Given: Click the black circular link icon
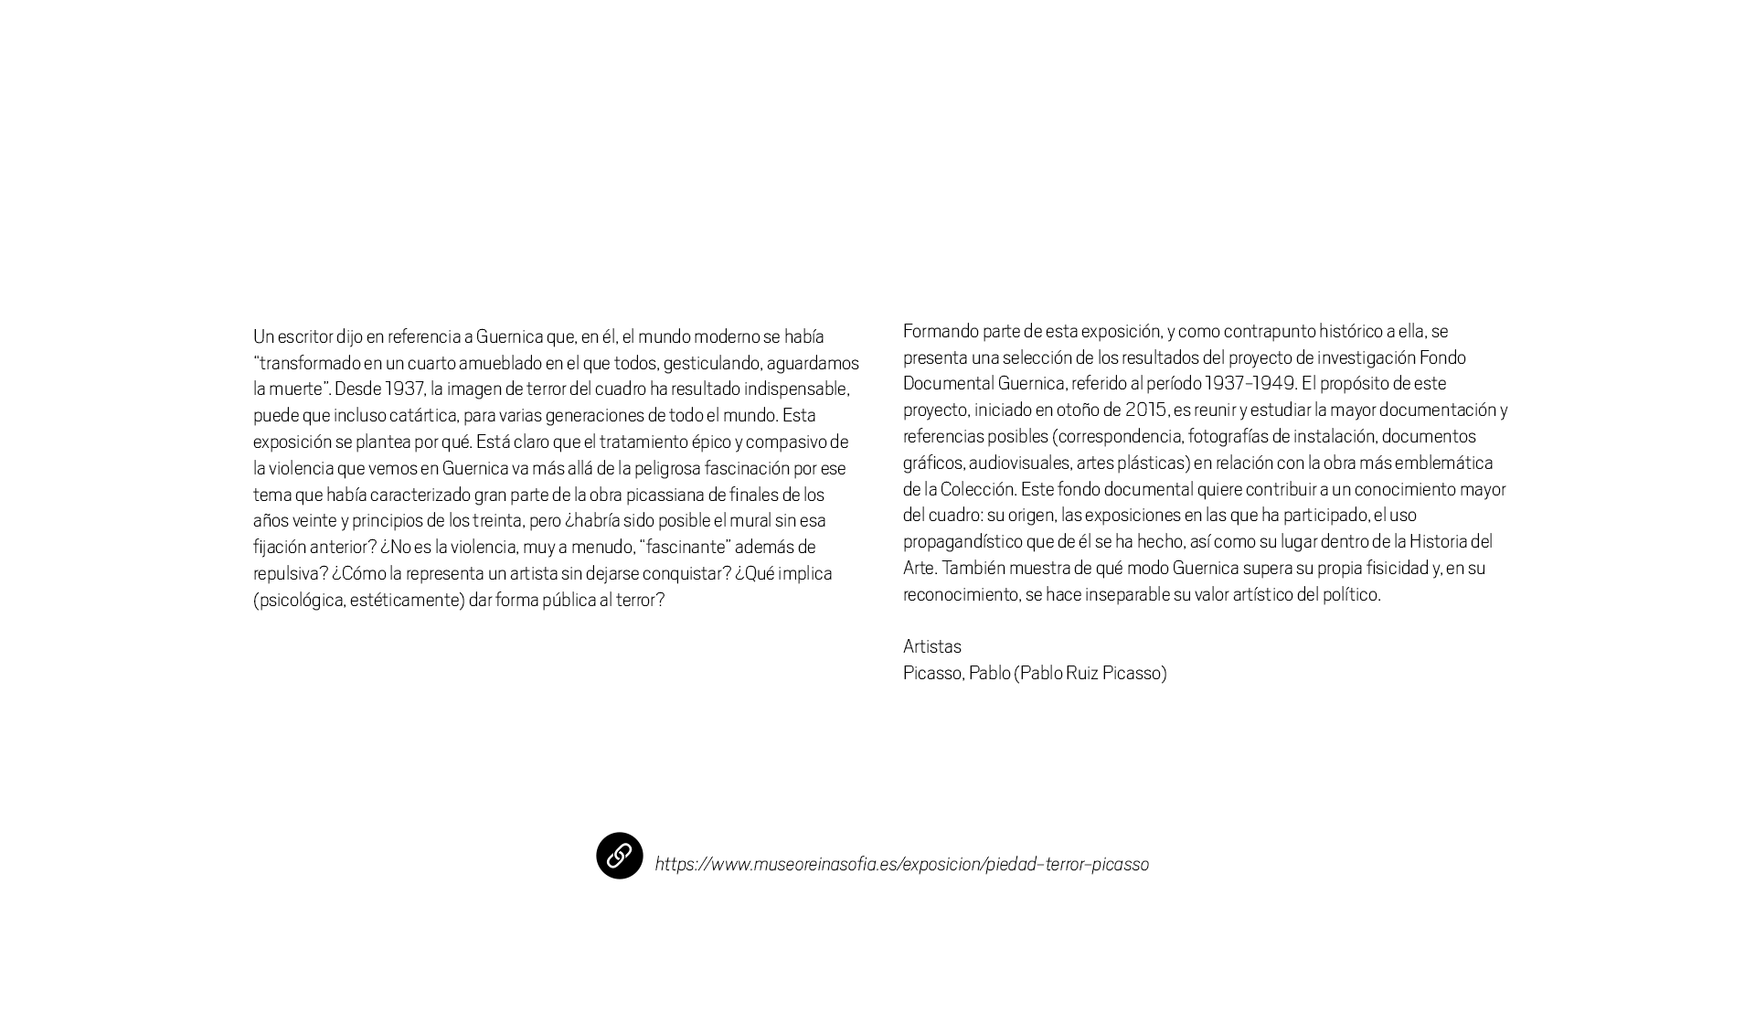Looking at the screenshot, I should (619, 856).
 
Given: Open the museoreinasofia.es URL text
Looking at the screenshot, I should (901, 864).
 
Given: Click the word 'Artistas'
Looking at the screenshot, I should (931, 646).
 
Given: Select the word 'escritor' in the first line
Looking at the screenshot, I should (304, 336).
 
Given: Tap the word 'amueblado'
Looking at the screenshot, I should (500, 363).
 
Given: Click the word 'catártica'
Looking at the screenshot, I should (422, 415).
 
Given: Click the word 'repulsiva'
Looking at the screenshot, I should (288, 573).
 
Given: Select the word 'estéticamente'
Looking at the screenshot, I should (406, 600).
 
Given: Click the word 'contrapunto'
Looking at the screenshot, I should (1269, 331).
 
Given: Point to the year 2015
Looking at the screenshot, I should (1144, 410).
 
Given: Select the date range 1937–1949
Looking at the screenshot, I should (1250, 383).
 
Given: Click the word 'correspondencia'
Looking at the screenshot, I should (1119, 436).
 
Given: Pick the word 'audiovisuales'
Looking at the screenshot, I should (1018, 463).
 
